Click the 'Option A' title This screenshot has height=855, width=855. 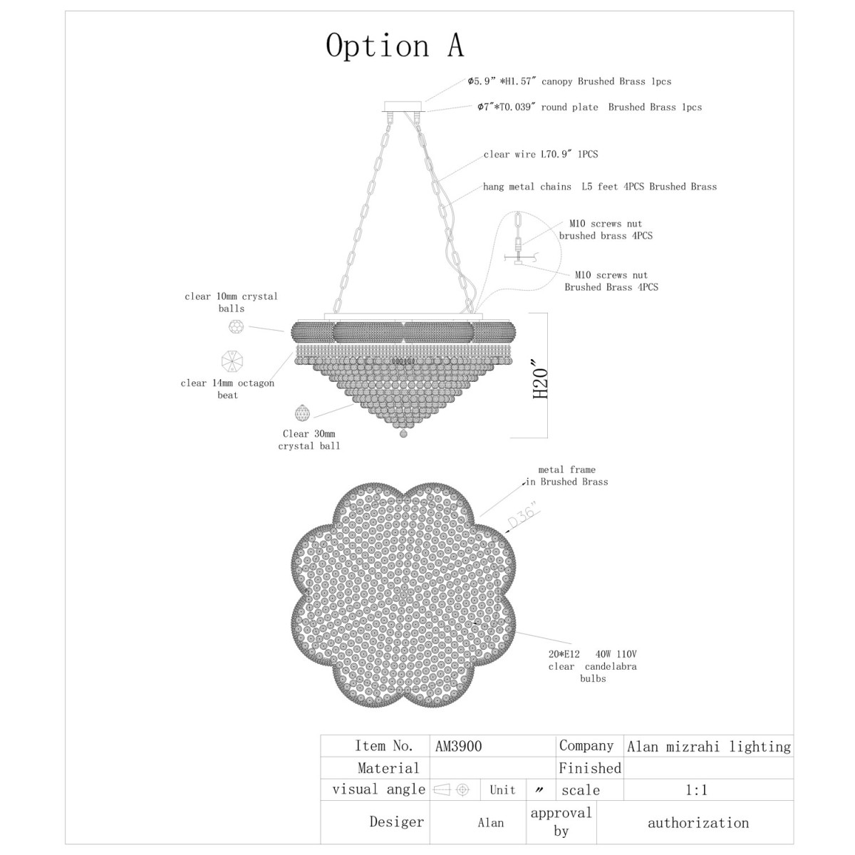[395, 46]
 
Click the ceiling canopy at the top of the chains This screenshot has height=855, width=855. [404, 105]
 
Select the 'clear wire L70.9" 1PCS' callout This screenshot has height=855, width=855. [540, 155]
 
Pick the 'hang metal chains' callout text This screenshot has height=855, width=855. [527, 187]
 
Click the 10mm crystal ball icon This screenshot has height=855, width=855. [236, 327]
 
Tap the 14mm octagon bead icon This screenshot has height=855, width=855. [232, 361]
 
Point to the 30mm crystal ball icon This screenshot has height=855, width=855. [302, 413]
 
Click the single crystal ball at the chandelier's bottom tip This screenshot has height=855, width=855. [403, 433]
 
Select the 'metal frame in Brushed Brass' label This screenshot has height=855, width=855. [567, 476]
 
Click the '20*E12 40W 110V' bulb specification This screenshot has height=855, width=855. [592, 654]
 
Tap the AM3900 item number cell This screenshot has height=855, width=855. [458, 746]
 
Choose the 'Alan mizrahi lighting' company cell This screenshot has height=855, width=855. [708, 747]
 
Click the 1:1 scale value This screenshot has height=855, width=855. [696, 789]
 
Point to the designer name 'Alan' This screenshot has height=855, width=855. [491, 823]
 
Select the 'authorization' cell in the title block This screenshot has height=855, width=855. [698, 823]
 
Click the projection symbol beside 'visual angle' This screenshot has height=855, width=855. [451, 789]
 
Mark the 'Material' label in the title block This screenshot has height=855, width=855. [388, 768]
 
